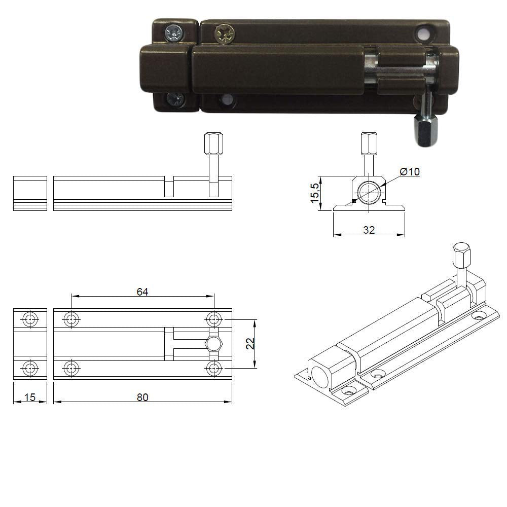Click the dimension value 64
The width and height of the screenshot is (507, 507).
point(142,292)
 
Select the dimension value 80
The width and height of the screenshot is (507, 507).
point(142,397)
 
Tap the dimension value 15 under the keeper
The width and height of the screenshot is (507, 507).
point(30,397)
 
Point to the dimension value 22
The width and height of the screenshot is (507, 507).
point(250,343)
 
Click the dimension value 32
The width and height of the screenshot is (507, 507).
point(369,230)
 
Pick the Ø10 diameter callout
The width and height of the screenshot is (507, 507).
point(410,171)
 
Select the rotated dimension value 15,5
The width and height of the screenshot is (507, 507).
point(315,193)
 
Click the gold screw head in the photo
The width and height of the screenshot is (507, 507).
point(225,33)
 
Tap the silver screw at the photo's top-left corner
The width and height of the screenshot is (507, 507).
point(174,33)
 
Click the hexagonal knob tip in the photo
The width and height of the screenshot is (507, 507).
point(426,131)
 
